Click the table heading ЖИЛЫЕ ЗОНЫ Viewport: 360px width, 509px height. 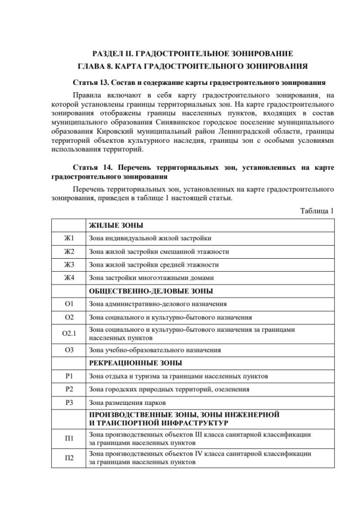point(116,225)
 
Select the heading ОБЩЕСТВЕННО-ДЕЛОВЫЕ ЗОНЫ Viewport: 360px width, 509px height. point(151,291)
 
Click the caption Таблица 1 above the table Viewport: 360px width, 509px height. point(317,210)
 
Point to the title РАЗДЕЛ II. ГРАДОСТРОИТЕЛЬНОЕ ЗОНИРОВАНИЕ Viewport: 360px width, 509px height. point(193,54)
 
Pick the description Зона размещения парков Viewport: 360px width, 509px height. point(129,403)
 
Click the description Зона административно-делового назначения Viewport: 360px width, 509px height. point(158,304)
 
